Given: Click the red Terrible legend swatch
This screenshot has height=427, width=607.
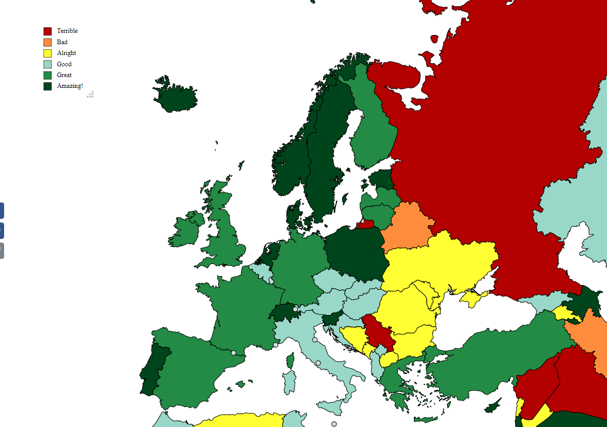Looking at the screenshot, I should [x=48, y=31].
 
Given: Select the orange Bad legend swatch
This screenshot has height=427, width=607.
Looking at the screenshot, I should [x=48, y=42].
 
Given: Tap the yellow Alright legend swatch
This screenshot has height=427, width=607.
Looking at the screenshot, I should [x=48, y=53].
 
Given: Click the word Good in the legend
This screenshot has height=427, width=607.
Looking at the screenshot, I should [x=64, y=64].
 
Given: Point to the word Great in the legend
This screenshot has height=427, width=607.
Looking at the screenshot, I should [x=64, y=75].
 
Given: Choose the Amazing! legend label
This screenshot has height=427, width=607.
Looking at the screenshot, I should [x=70, y=86].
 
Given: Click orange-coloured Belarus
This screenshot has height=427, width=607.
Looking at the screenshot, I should [x=408, y=226].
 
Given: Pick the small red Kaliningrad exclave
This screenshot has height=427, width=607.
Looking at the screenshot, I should [x=366, y=224].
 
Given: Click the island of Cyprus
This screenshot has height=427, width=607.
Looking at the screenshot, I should [x=493, y=406].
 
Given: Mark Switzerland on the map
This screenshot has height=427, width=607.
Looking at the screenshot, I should [x=281, y=312].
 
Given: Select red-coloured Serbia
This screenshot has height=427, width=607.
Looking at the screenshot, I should [x=379, y=334].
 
